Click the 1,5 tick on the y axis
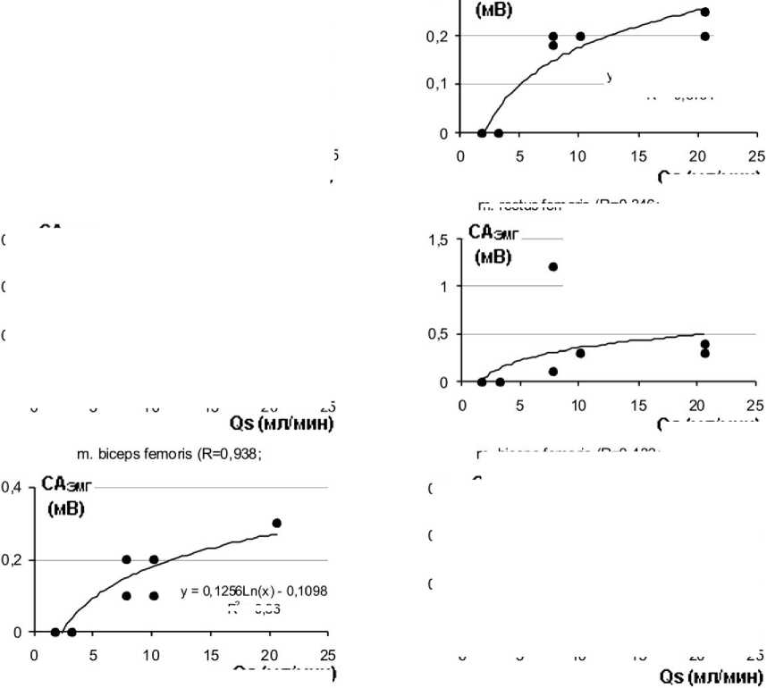[436, 239]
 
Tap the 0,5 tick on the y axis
[436, 334]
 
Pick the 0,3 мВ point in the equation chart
[276, 523]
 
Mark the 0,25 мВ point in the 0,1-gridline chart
[704, 12]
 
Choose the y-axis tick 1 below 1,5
[442, 287]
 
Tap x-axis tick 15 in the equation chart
[211, 652]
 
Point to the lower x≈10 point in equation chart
[153, 596]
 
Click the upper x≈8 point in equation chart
[127, 559]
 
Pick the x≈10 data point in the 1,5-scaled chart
[580, 353]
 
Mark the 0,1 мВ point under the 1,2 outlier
[553, 372]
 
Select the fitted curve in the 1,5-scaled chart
[626, 344]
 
